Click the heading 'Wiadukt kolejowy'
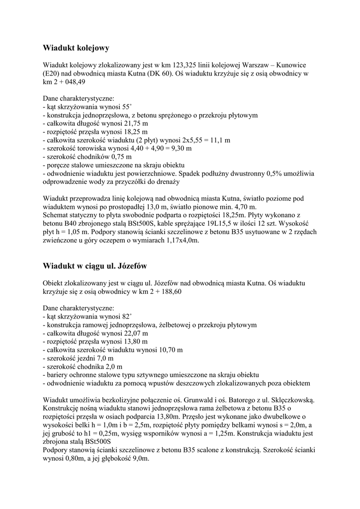tap(76, 48)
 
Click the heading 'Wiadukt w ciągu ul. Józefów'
tap(95, 265)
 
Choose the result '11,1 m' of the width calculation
tap(220, 140)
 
